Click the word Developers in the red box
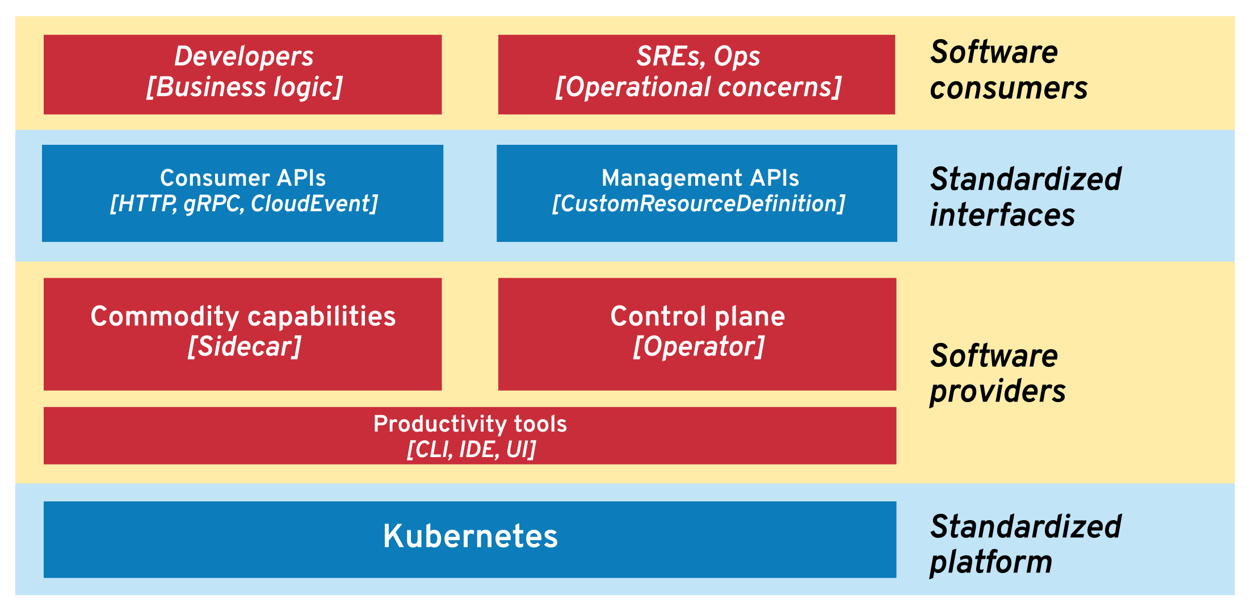pyautogui.click(x=243, y=56)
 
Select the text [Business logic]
pyautogui.click(x=244, y=87)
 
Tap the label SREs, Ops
pyautogui.click(x=698, y=56)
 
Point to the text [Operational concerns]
pyautogui.click(x=698, y=87)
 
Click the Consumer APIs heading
pyautogui.click(x=243, y=178)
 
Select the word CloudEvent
pyautogui.click(x=310, y=204)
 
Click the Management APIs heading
pyautogui.click(x=700, y=178)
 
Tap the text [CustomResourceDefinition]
pyautogui.click(x=698, y=204)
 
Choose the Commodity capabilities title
pyautogui.click(x=243, y=316)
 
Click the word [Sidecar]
pyautogui.click(x=244, y=347)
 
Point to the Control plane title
pyautogui.click(x=698, y=316)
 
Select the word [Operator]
pyautogui.click(x=698, y=347)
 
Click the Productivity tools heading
pyautogui.click(x=470, y=424)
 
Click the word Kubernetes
pyautogui.click(x=470, y=536)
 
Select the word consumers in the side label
pyautogui.click(x=1009, y=89)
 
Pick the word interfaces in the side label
pyautogui.click(x=1002, y=216)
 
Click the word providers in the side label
pyautogui.click(x=998, y=392)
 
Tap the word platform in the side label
pyautogui.click(x=991, y=563)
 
